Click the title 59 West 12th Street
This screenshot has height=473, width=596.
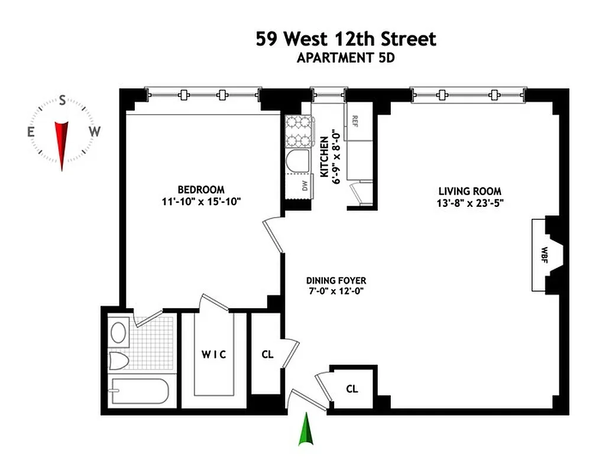coord(346,40)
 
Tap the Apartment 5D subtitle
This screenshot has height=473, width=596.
coord(345,58)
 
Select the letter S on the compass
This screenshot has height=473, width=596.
coord(62,101)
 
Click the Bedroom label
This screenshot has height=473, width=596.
coord(201,190)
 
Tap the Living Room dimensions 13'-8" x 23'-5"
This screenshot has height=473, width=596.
coord(470,203)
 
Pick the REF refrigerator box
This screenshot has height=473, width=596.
coord(357,122)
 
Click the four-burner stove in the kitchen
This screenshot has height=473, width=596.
coord(299,131)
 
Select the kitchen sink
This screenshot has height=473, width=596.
coord(298,160)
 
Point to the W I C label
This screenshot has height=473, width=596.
coord(213,355)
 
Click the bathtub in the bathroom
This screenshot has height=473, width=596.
coord(140,391)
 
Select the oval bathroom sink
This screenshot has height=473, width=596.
coord(119,332)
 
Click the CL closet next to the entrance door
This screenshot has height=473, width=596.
coord(352,389)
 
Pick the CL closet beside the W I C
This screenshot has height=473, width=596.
coord(267,355)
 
